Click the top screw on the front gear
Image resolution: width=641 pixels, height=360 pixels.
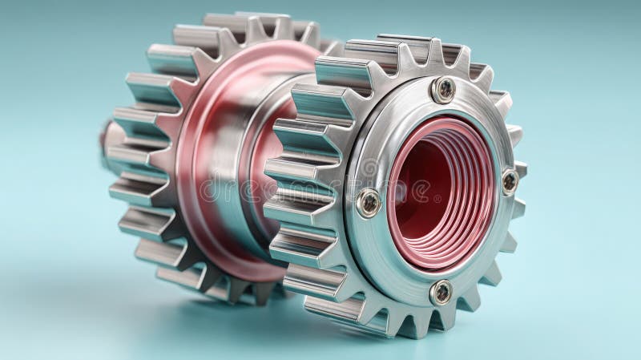click(443, 89)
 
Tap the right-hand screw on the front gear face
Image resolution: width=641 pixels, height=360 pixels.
click(510, 181)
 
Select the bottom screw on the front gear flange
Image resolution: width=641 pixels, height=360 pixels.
click(440, 292)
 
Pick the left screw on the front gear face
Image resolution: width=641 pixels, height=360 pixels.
click(369, 202)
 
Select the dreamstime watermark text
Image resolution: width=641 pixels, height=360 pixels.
click(320, 188)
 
